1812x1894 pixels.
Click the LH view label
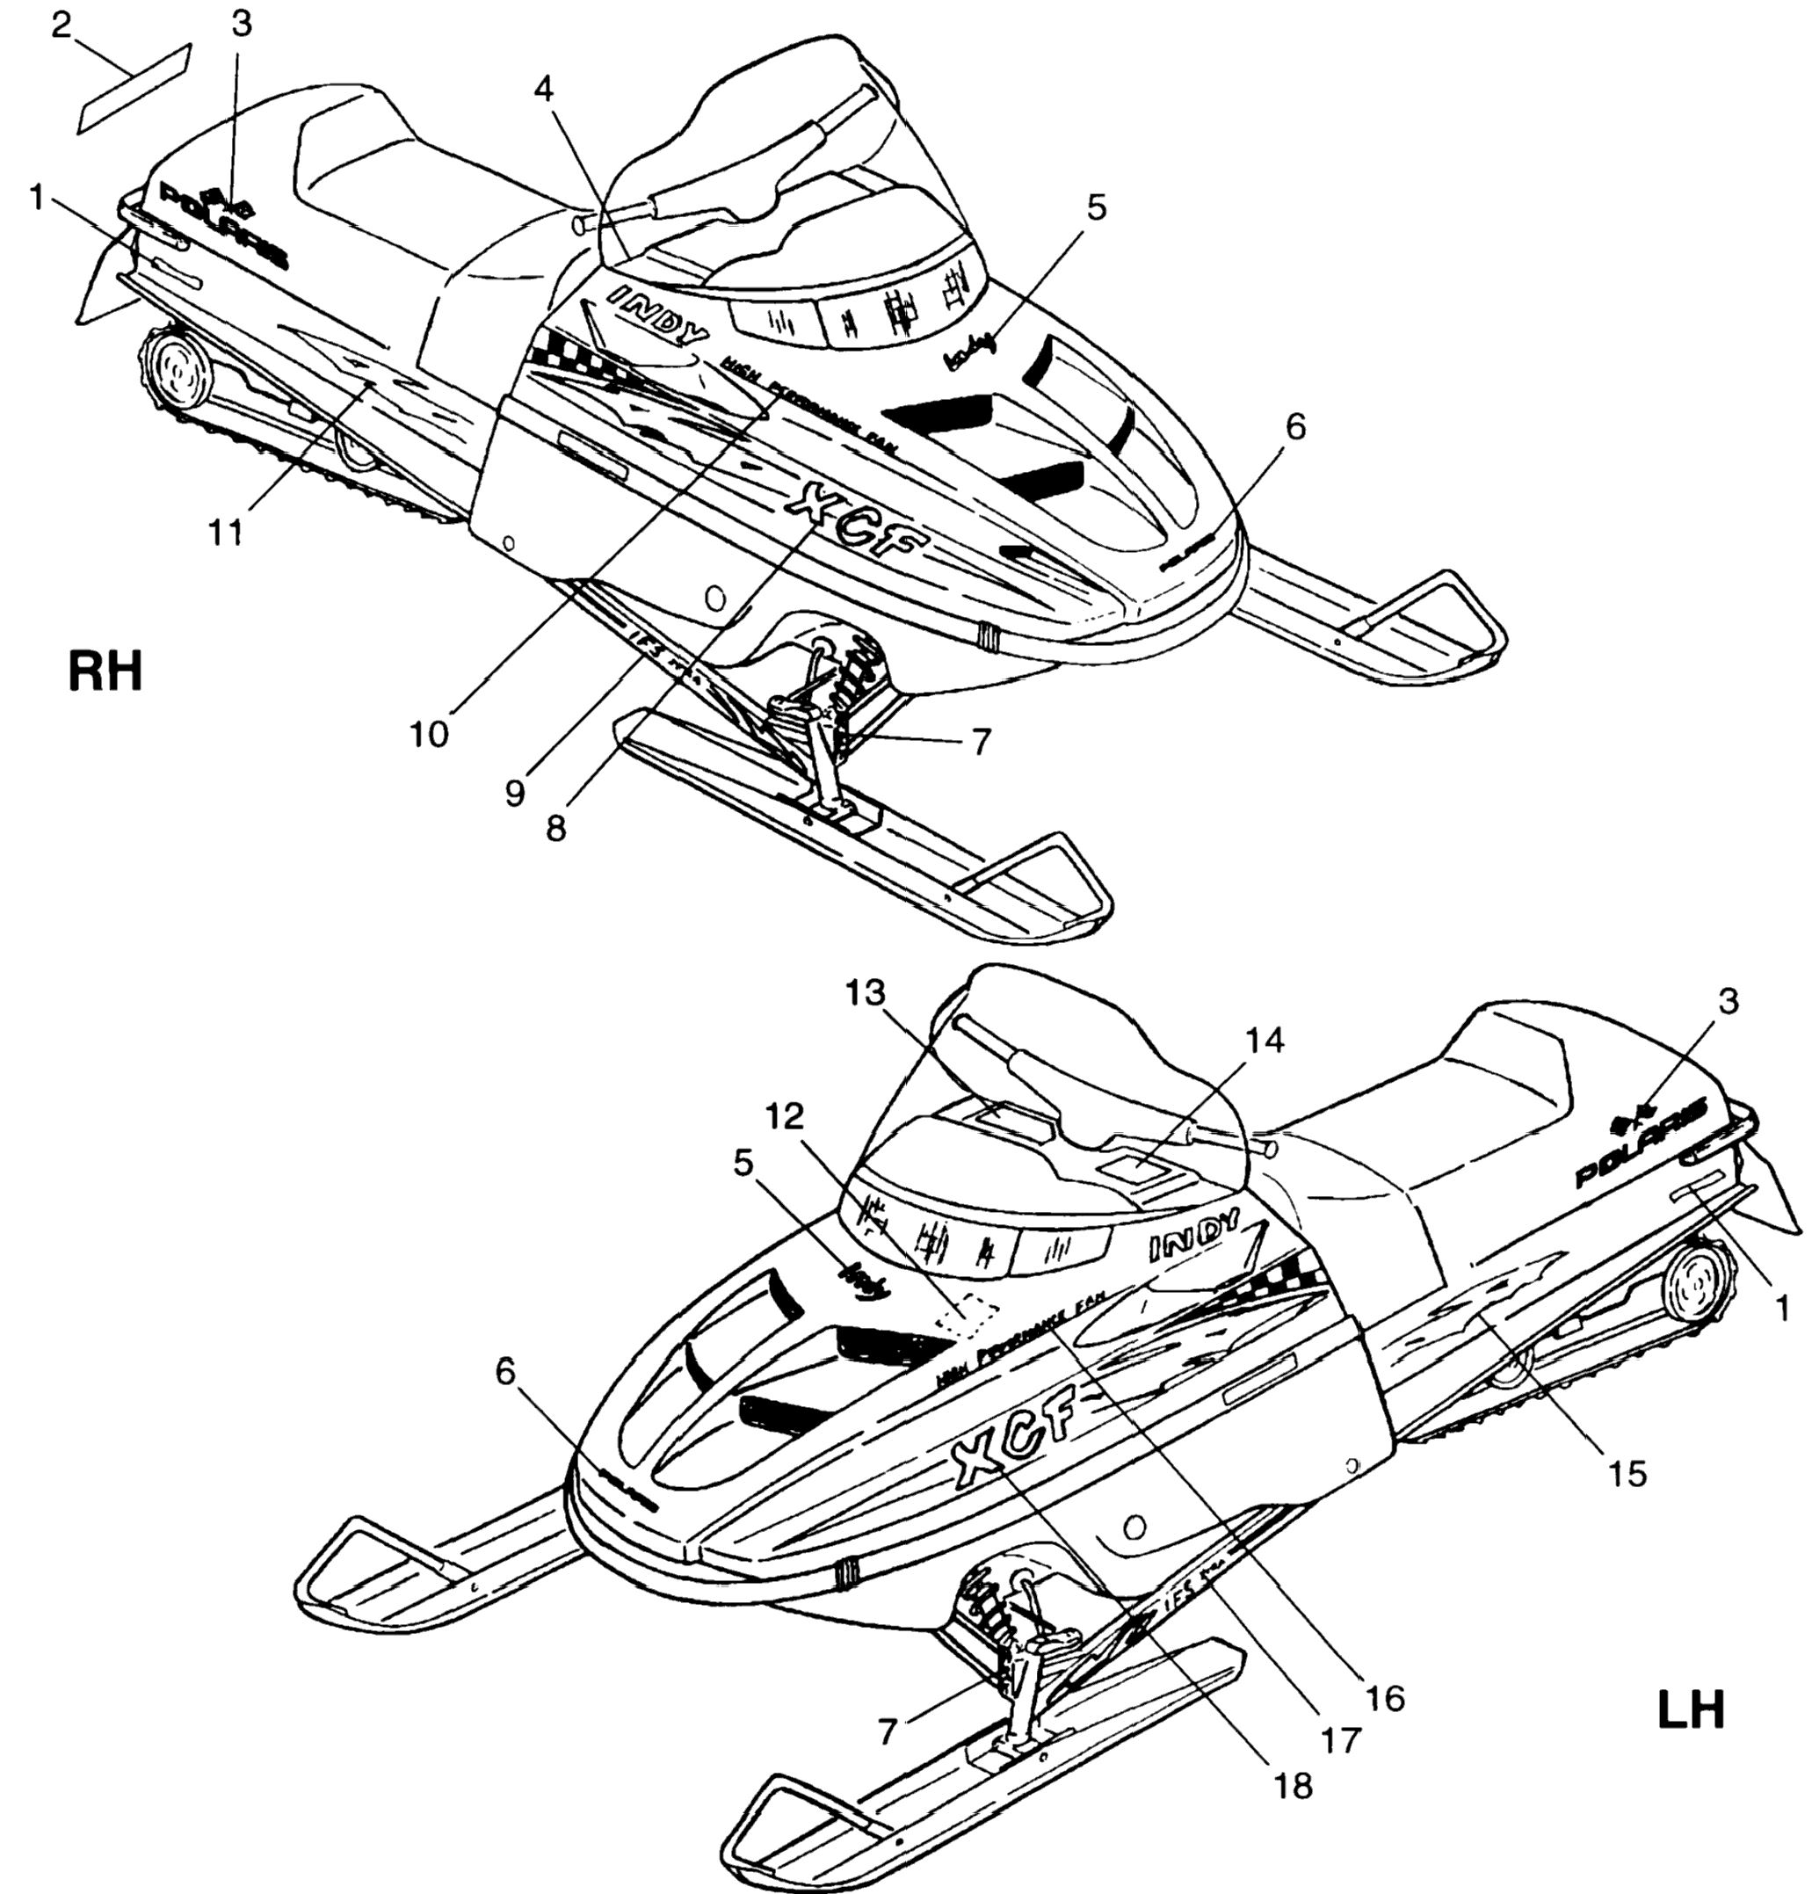[1691, 1709]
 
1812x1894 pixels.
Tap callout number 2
[62, 26]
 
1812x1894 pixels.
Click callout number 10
[429, 735]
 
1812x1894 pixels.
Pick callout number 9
[515, 793]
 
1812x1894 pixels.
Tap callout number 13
[866, 993]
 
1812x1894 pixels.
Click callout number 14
[1265, 1041]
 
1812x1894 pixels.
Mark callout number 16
[1385, 1697]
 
